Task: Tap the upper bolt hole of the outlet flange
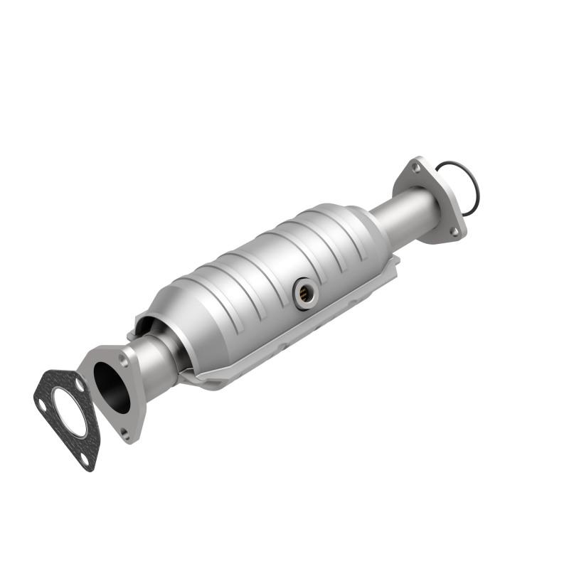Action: pos(416,168)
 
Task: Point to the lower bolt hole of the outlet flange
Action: pos(453,231)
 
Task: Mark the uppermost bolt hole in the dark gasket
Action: pos(80,385)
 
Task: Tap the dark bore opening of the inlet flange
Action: pos(112,386)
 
